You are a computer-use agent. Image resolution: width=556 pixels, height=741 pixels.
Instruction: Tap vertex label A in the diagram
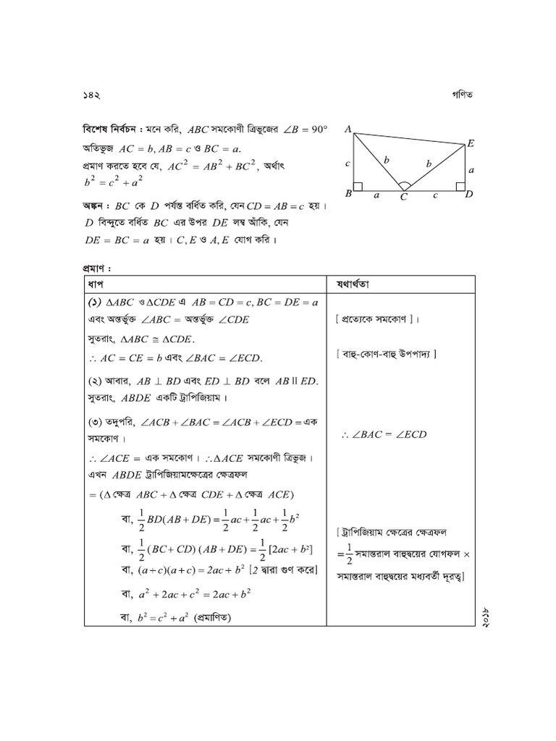coord(348,129)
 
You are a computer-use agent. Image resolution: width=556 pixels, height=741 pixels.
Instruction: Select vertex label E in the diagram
coord(470,144)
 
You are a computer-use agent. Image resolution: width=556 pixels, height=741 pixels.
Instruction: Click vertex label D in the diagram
coord(468,194)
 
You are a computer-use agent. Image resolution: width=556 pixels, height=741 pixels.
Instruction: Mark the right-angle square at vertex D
coord(460,187)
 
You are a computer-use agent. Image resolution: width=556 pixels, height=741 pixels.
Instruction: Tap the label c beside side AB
coord(348,164)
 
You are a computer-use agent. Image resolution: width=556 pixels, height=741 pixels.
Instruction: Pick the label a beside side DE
coord(471,171)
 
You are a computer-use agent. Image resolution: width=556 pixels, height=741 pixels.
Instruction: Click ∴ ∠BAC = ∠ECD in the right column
coord(384,434)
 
